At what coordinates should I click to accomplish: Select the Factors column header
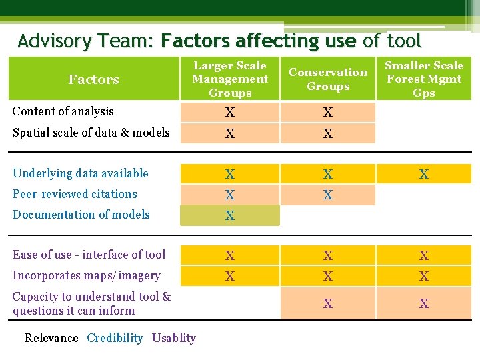[93, 79]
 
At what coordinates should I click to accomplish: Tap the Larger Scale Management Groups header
[230, 79]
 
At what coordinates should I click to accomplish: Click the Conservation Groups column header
[327, 79]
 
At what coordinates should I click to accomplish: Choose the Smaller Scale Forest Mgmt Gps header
[423, 79]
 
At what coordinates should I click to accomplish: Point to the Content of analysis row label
[63, 111]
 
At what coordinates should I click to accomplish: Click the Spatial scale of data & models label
[91, 132]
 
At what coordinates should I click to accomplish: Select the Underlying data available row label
[80, 173]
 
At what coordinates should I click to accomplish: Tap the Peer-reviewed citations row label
[75, 194]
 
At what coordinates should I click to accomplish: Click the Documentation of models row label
[81, 215]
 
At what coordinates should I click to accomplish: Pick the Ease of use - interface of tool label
[89, 255]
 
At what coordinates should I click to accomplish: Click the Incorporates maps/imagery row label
[86, 275]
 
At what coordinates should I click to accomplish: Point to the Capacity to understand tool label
[91, 303]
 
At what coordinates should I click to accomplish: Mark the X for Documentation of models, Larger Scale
[230, 216]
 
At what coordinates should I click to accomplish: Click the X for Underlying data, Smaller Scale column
[423, 175]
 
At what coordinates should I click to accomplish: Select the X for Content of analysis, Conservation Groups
[327, 113]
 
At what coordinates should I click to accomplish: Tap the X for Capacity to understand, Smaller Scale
[423, 304]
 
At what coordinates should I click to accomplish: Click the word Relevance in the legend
[51, 338]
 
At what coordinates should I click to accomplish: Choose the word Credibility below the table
[115, 338]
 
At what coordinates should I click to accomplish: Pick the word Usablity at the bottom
[174, 338]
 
